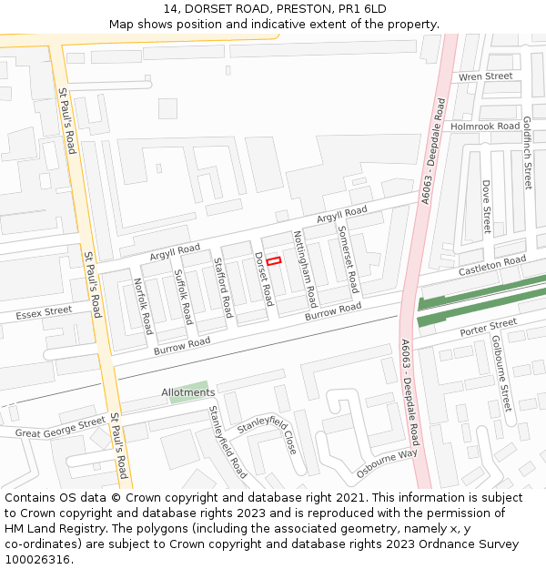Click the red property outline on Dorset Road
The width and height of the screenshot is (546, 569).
[274, 261]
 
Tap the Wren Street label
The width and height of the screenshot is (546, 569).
[485, 76]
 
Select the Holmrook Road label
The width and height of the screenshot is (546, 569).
[484, 126]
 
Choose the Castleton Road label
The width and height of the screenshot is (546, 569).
[491, 266]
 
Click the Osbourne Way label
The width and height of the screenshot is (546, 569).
[387, 463]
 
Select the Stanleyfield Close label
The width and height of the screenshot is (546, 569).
[267, 439]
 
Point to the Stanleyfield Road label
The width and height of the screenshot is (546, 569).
[227, 442]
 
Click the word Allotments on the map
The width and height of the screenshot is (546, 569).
[188, 392]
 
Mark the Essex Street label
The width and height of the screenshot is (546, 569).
[44, 313]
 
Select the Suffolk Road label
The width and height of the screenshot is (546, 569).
[183, 297]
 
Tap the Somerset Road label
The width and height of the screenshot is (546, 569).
[349, 259]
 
